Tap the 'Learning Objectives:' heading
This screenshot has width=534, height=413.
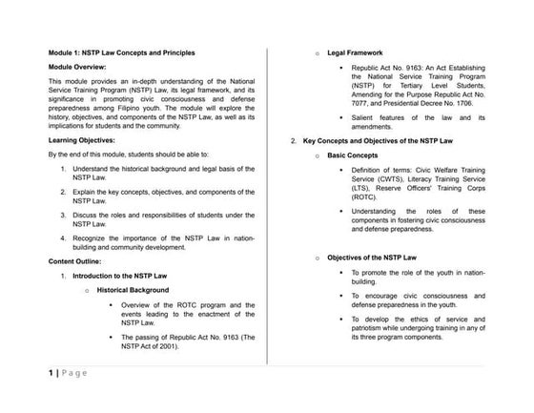(83, 139)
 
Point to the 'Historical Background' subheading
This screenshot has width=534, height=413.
(133, 289)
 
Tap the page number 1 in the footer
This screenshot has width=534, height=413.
(50, 372)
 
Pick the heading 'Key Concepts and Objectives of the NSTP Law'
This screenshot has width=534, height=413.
(383, 140)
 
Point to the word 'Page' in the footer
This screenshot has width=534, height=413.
(75, 372)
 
